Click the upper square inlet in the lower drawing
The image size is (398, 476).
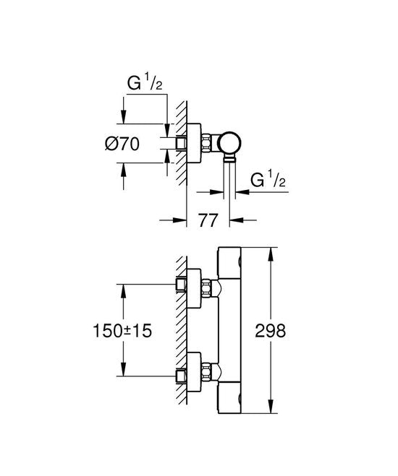click(x=179, y=285)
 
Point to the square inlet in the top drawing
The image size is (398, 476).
click(x=179, y=144)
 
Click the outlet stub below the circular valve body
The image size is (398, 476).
click(x=229, y=162)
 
